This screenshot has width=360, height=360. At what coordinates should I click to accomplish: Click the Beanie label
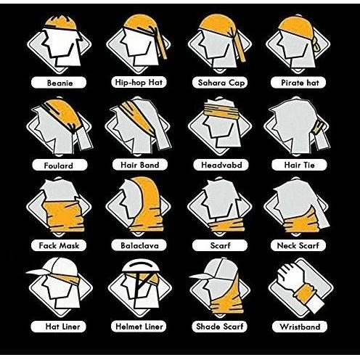(x=59, y=83)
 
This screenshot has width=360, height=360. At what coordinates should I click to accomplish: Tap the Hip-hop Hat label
(x=139, y=82)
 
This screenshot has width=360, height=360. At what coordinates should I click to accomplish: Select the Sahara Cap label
(x=220, y=83)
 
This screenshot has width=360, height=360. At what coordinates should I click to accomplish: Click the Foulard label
(x=60, y=165)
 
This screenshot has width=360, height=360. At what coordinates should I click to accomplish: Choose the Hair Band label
(x=140, y=165)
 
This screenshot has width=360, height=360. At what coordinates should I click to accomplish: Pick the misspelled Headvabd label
(x=221, y=165)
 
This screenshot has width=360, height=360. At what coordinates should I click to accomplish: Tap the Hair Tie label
(x=299, y=165)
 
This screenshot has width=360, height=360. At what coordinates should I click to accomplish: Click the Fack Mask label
(x=59, y=245)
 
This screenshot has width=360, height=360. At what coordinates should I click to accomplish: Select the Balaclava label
(x=139, y=245)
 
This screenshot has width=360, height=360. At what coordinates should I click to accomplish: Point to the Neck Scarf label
(x=298, y=245)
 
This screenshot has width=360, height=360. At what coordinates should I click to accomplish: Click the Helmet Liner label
(x=139, y=327)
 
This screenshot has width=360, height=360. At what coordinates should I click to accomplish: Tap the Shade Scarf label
(x=219, y=327)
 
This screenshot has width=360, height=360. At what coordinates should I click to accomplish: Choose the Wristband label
(x=300, y=327)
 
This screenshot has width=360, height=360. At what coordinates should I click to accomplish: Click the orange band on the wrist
(x=305, y=293)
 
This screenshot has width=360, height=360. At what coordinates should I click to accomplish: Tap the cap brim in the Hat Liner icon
(x=36, y=272)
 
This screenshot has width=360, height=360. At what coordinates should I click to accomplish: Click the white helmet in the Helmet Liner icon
(x=141, y=266)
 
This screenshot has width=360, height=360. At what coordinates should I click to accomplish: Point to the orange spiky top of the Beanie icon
(x=61, y=22)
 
